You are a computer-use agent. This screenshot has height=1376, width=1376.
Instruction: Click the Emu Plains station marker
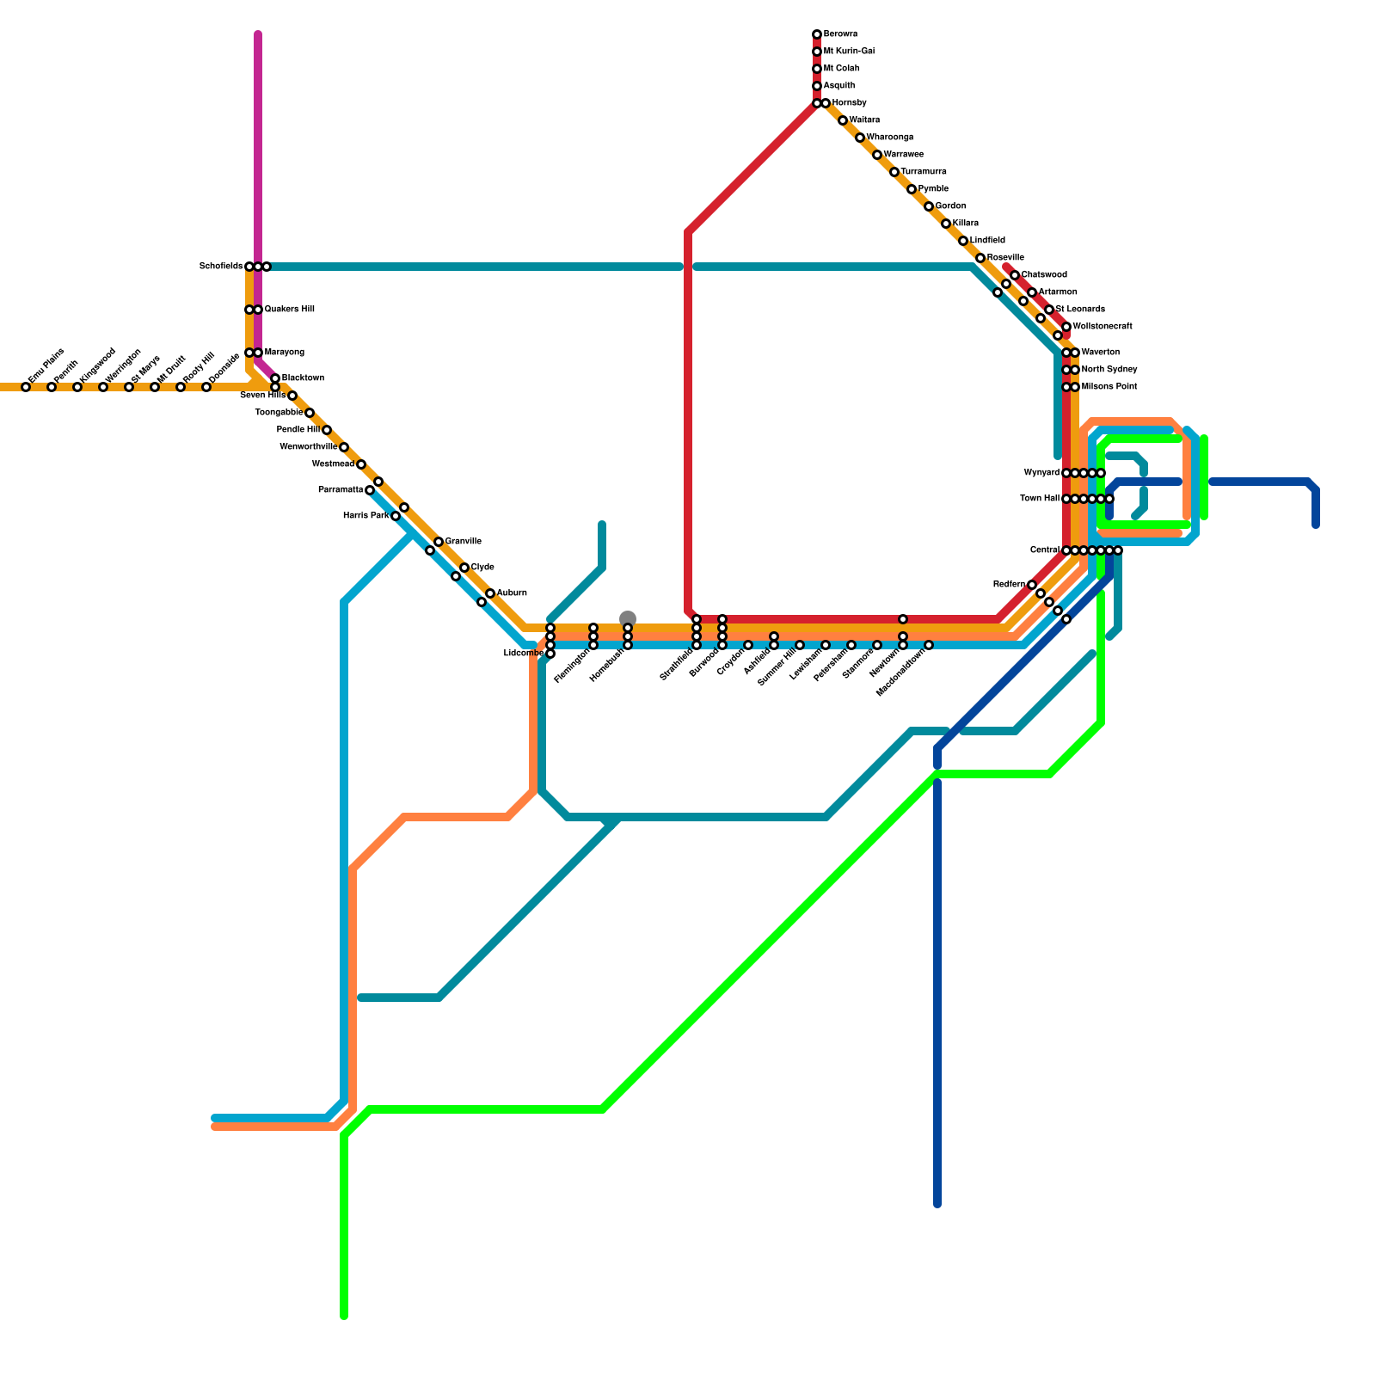click(x=26, y=387)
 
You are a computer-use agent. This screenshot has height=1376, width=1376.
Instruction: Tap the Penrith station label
click(x=66, y=372)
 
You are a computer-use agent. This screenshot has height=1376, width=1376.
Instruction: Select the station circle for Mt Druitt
click(x=155, y=387)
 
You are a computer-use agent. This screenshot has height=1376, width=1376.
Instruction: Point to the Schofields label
click(x=220, y=267)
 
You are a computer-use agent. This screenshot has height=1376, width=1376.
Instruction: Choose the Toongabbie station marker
click(x=310, y=413)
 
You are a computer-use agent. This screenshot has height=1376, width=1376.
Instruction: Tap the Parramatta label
click(x=340, y=490)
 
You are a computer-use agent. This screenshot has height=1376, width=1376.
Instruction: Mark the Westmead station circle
click(x=361, y=464)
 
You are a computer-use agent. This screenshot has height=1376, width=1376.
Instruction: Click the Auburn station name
click(x=512, y=593)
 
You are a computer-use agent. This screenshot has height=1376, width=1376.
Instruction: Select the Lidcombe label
click(x=523, y=654)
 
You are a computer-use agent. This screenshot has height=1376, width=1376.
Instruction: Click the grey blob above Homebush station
click(x=628, y=617)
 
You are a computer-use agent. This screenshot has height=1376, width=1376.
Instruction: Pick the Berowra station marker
click(x=817, y=34)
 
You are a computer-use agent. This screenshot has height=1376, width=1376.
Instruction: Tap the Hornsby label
click(x=849, y=103)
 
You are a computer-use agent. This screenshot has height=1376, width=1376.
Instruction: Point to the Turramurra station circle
click(x=894, y=172)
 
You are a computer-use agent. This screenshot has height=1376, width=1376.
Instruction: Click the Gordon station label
click(x=950, y=206)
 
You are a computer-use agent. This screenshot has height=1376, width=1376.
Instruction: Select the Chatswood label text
click(x=1044, y=275)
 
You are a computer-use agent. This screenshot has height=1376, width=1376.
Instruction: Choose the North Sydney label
click(x=1109, y=370)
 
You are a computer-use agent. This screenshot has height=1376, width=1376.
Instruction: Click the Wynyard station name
click(x=1041, y=473)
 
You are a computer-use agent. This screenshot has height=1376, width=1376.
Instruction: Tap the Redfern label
click(x=1009, y=585)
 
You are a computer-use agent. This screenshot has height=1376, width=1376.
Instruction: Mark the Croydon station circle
click(x=748, y=645)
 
